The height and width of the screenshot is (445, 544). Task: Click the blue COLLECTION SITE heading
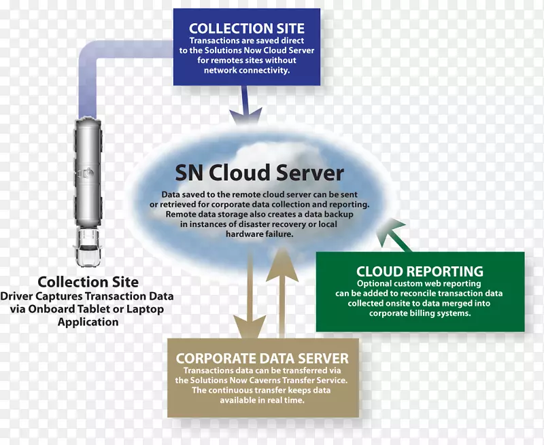[246, 29]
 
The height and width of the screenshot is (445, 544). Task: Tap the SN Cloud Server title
[259, 173]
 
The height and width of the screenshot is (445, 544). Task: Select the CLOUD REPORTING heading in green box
[420, 272]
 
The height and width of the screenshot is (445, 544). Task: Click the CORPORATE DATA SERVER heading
[262, 359]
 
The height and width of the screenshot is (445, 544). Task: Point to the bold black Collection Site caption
[88, 282]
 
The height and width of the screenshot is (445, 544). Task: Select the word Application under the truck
[88, 321]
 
